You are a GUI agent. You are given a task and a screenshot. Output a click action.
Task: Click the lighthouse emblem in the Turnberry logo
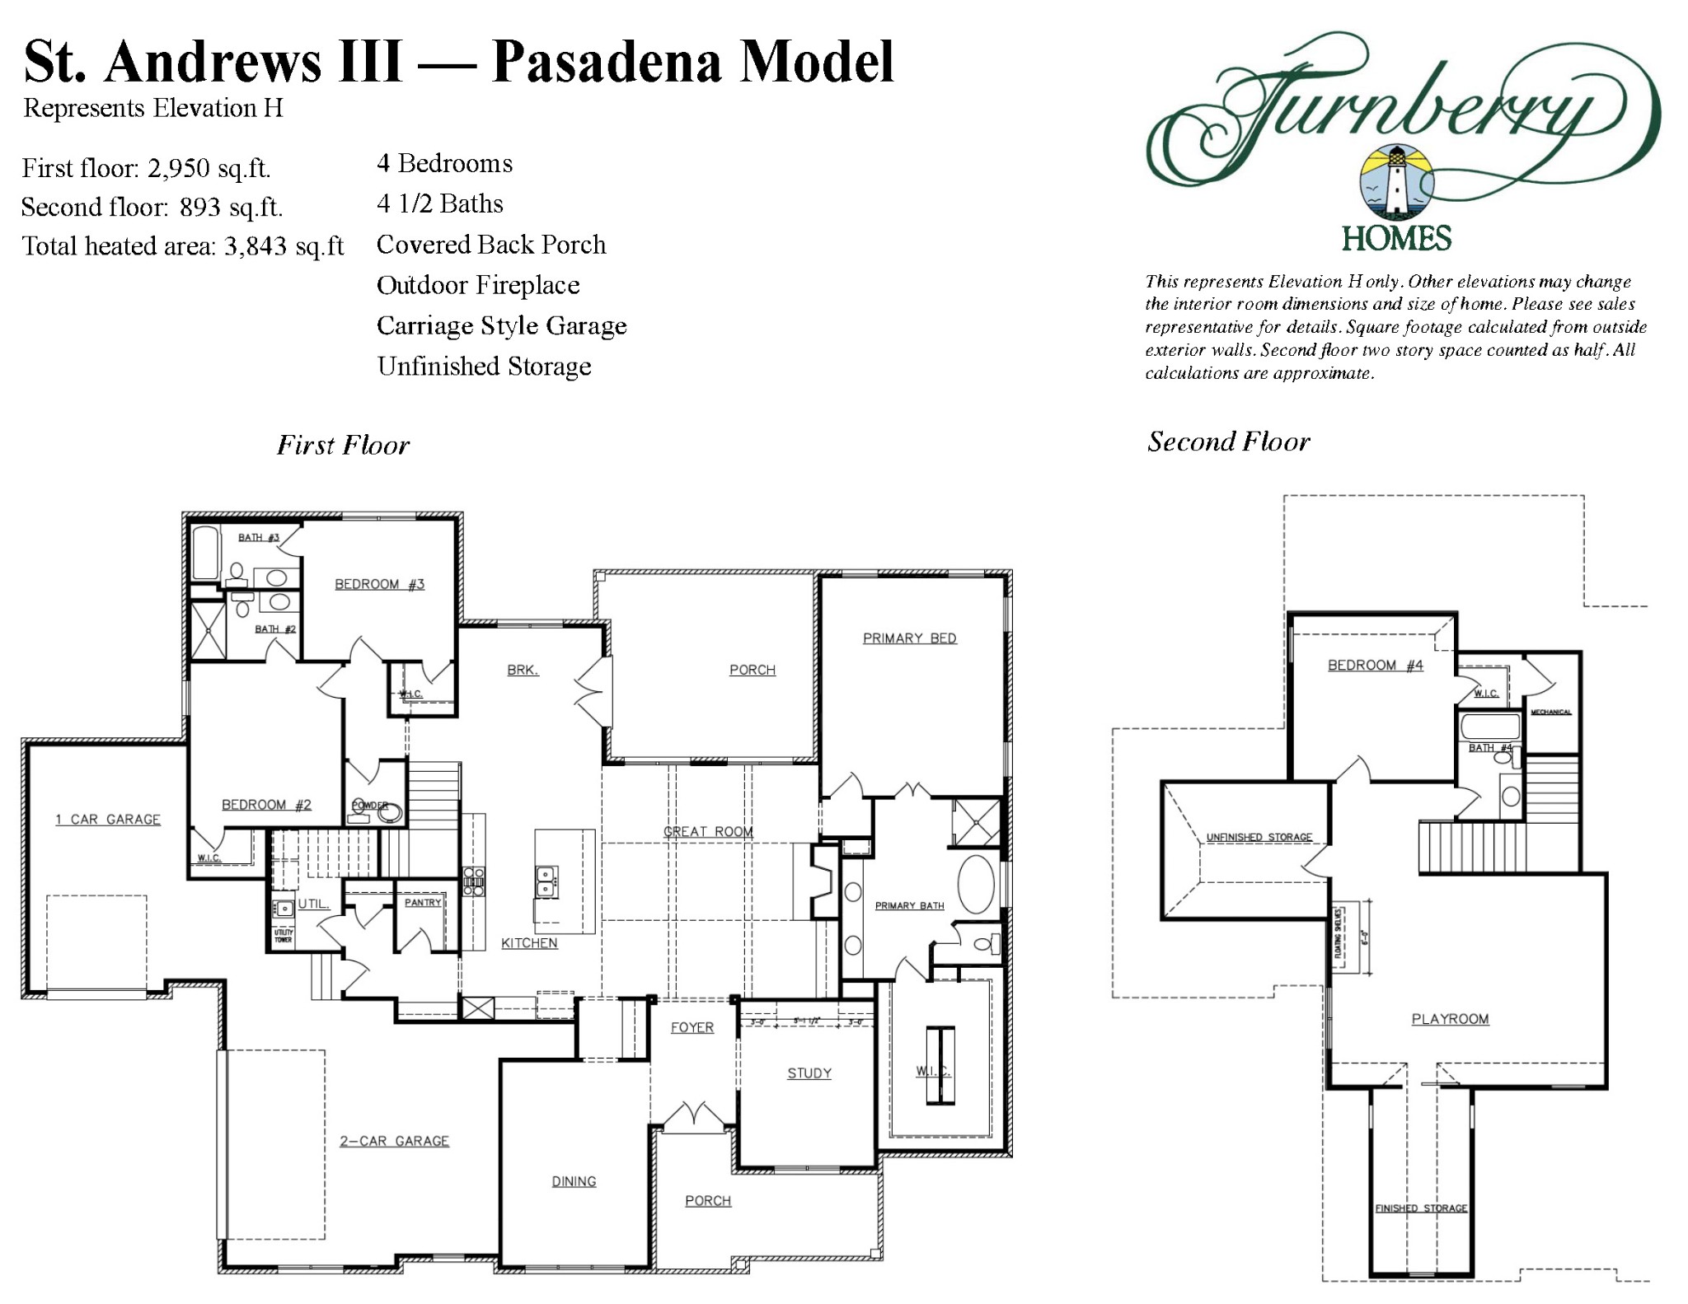point(1396,183)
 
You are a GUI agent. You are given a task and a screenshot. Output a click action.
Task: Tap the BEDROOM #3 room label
point(379,584)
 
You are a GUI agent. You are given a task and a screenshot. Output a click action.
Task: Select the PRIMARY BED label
point(909,638)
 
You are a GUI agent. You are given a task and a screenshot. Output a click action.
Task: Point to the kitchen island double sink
point(546,881)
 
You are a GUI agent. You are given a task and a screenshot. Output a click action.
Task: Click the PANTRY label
point(423,903)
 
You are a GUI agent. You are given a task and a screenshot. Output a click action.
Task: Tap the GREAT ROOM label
point(708,832)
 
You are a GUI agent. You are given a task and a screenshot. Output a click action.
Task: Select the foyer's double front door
point(693,1117)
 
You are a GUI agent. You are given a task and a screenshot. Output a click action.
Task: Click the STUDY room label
point(809,1073)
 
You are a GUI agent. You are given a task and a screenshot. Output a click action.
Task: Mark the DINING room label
point(574,1181)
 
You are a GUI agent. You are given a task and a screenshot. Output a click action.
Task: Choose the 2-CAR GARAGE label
point(394,1141)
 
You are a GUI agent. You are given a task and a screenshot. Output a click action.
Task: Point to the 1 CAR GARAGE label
point(108,820)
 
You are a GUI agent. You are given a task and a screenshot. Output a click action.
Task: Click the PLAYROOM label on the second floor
point(1450,1019)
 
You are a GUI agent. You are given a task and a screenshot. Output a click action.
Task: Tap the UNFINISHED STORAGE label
point(1259,837)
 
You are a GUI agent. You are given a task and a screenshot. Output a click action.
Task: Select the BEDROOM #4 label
point(1375,666)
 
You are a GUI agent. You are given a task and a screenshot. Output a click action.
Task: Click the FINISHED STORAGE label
point(1421,1208)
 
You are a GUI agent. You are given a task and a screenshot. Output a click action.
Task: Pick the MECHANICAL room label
point(1550,712)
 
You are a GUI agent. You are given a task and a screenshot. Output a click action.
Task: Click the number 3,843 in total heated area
point(256,246)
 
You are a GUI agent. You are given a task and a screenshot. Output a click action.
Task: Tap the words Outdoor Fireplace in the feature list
point(478,286)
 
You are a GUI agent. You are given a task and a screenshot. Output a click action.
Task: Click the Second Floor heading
point(1228,442)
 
